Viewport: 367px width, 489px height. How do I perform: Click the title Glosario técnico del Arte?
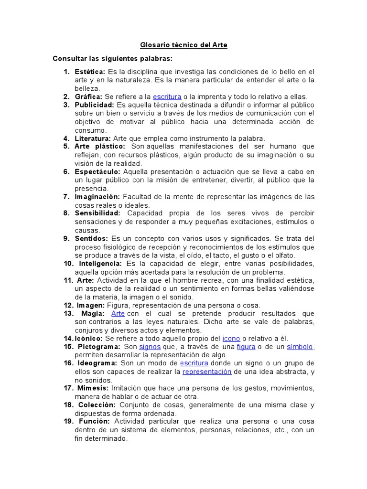click(x=183, y=45)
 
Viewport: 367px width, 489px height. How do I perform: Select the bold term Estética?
click(x=90, y=72)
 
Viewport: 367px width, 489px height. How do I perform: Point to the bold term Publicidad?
click(x=94, y=105)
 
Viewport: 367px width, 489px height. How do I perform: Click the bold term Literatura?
click(x=93, y=138)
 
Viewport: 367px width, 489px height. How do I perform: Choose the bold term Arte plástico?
click(x=100, y=147)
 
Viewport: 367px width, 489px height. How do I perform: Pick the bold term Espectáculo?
click(x=98, y=171)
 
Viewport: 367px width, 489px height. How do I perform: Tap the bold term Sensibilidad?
click(x=97, y=213)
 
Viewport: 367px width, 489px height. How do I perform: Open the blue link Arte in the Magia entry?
click(x=118, y=313)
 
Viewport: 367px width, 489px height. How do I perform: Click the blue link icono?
click(x=231, y=338)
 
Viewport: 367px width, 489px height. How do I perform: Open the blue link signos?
click(x=150, y=347)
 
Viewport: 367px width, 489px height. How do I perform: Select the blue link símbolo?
click(x=300, y=347)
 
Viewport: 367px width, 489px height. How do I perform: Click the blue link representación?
click(x=207, y=372)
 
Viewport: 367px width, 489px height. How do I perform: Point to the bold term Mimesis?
click(x=93, y=388)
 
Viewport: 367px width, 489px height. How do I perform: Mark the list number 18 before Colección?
click(x=68, y=405)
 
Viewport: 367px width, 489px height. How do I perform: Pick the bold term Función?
click(x=94, y=422)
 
